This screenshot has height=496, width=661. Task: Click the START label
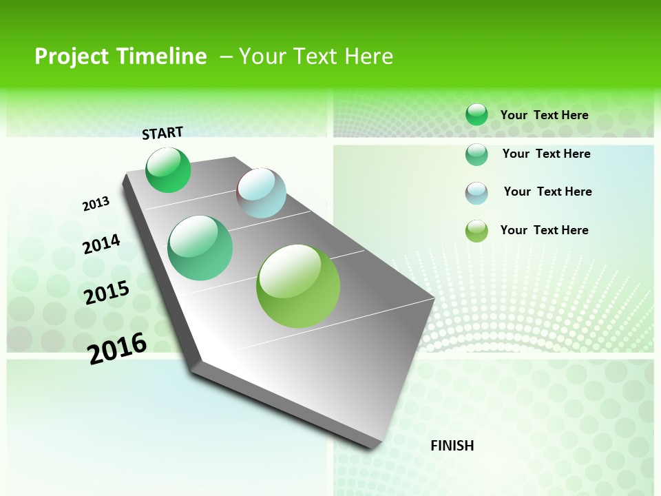[x=162, y=133]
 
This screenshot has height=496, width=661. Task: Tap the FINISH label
[x=452, y=446]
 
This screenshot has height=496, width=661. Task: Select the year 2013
[x=96, y=204]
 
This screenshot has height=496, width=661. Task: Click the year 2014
[x=101, y=244]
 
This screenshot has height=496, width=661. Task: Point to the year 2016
[x=117, y=348]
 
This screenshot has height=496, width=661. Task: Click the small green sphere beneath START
[x=168, y=169]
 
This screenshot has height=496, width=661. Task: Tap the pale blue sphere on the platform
[x=262, y=193]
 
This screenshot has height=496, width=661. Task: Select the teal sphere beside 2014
[x=200, y=248]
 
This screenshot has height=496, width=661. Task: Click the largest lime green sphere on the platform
[x=298, y=286]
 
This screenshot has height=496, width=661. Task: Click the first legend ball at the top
[x=476, y=114]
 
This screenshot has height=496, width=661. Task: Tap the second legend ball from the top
[x=476, y=154]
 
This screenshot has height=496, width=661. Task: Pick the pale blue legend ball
[x=476, y=193]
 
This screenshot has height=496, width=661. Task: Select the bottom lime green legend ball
[x=476, y=231]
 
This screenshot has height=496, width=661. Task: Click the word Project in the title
[x=74, y=56]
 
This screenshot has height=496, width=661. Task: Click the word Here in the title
[x=368, y=56]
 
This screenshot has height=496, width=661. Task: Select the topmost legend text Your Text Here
[x=544, y=115]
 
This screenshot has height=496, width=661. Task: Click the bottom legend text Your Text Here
[x=544, y=230]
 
